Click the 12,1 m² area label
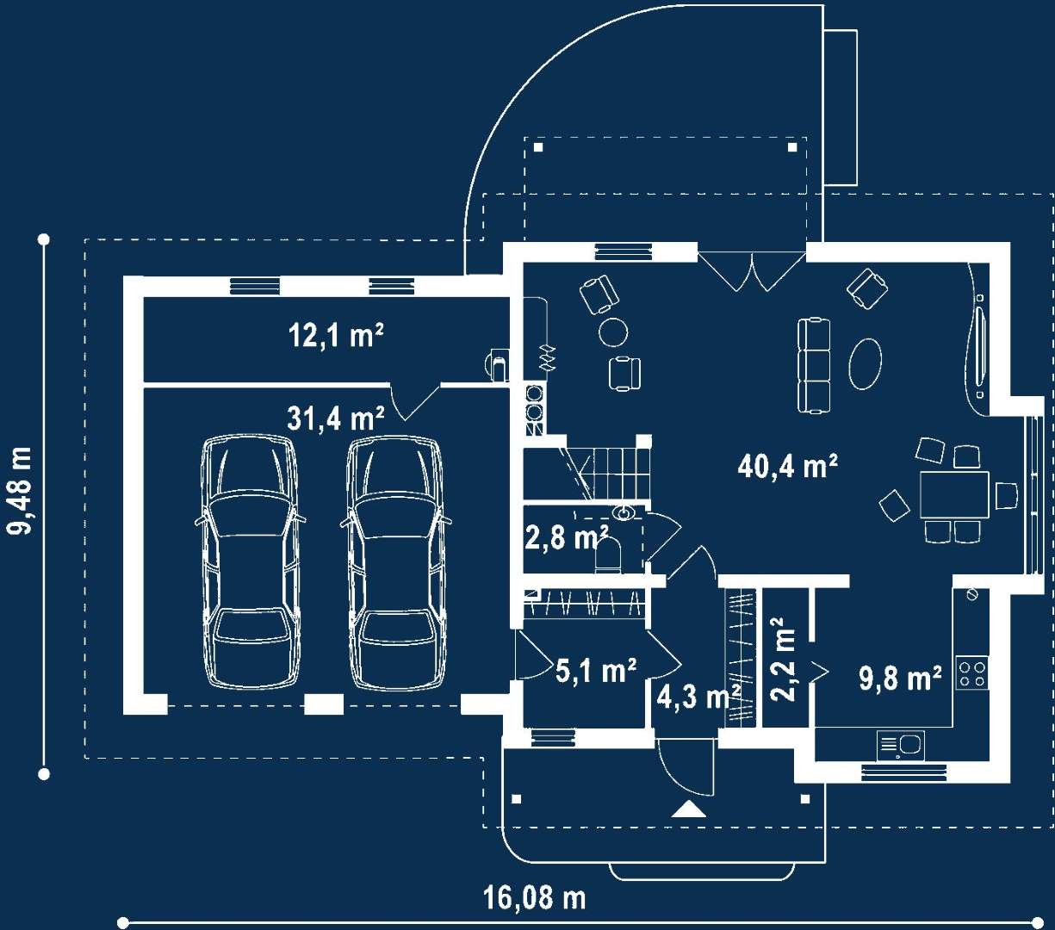click(336, 335)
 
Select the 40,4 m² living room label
click(788, 465)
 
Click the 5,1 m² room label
click(596, 670)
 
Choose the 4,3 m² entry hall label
click(698, 696)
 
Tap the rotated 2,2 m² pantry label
click(783, 659)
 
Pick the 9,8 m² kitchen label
click(900, 678)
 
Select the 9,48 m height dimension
click(21, 491)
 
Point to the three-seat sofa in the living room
click(814, 366)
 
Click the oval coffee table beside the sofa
click(866, 363)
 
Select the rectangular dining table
click(954, 494)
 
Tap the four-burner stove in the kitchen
click(972, 673)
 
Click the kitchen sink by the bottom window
click(901, 745)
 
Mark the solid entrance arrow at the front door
click(689, 809)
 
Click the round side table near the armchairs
click(613, 332)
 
